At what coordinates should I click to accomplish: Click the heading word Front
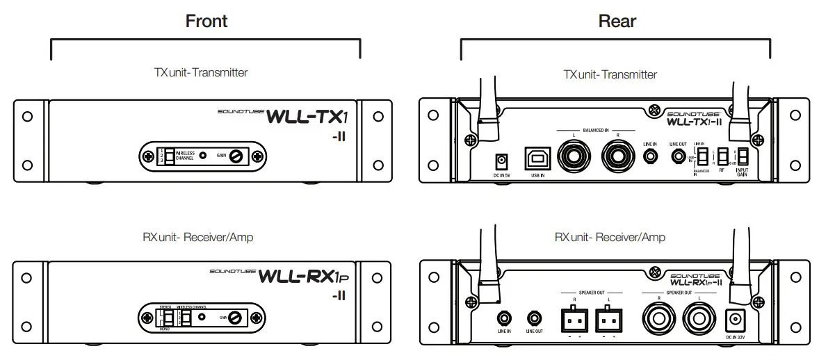click(x=206, y=21)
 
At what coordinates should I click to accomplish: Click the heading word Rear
click(x=617, y=21)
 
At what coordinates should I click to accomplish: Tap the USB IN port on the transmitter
click(x=536, y=157)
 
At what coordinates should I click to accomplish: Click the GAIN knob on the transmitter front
click(x=238, y=156)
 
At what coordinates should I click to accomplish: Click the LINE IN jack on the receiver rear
click(x=505, y=318)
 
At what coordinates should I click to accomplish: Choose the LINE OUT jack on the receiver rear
click(x=534, y=318)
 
